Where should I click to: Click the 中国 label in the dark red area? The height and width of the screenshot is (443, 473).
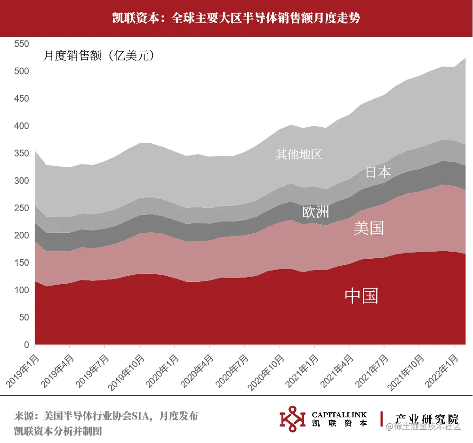361,296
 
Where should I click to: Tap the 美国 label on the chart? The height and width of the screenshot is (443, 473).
369,228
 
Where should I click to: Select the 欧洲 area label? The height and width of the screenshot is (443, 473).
315,212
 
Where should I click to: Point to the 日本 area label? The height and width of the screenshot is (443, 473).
378,172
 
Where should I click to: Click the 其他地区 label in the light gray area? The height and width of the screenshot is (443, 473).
298,154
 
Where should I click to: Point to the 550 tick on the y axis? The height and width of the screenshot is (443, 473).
22,44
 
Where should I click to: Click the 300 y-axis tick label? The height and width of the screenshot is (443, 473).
22,181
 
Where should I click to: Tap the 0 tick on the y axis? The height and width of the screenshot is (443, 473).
26,345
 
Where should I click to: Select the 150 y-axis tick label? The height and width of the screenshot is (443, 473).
22,263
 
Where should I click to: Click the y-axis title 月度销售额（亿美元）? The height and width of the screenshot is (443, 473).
99,56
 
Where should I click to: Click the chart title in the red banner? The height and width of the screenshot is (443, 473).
236,18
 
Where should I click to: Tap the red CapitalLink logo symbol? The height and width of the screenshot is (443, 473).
292,418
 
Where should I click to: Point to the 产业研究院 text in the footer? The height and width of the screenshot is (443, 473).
426,419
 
